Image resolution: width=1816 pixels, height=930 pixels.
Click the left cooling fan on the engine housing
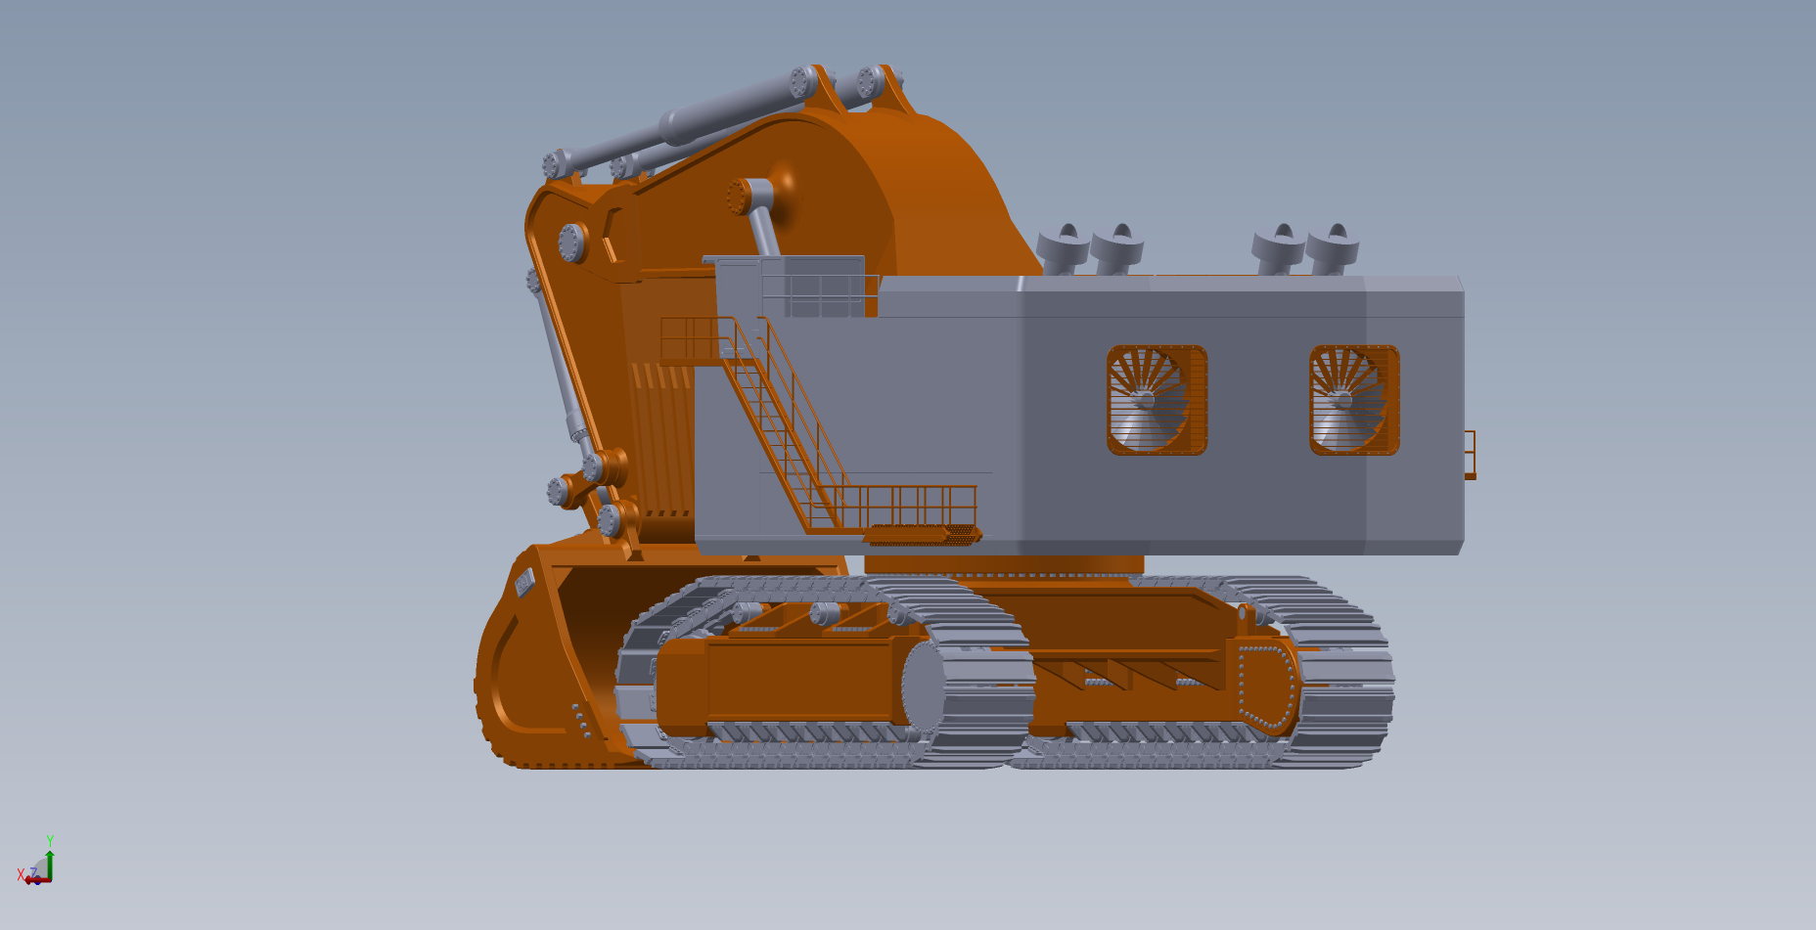tap(1157, 400)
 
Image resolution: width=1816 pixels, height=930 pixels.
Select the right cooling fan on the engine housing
tap(1354, 400)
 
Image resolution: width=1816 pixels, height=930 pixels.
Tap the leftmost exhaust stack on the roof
tap(1064, 248)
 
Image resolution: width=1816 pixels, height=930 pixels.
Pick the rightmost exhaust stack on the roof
tap(1332, 248)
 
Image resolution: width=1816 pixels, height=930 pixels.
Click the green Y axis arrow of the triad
tap(50, 860)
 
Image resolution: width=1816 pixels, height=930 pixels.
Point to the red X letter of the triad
tap(21, 873)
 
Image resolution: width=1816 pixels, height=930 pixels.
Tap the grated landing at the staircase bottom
tap(923, 534)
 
